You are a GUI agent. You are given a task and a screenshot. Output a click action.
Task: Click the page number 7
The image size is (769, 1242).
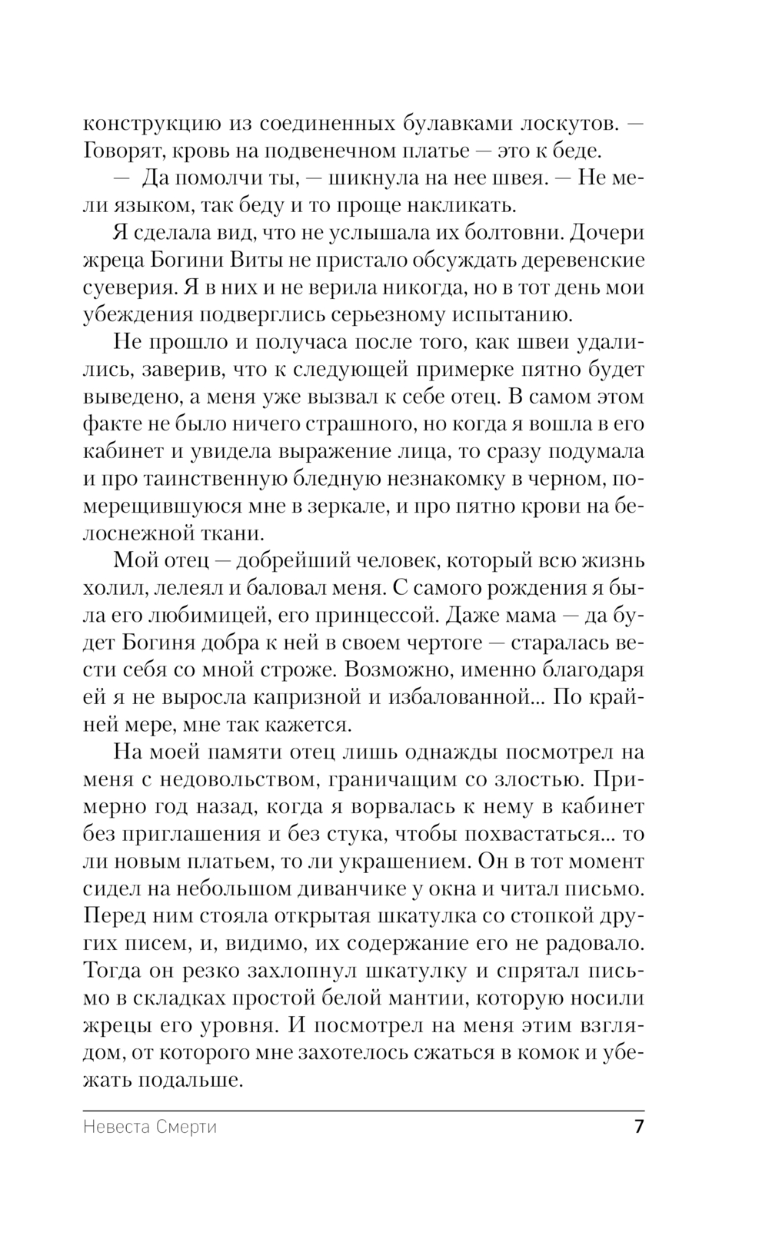pos(638,1127)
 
